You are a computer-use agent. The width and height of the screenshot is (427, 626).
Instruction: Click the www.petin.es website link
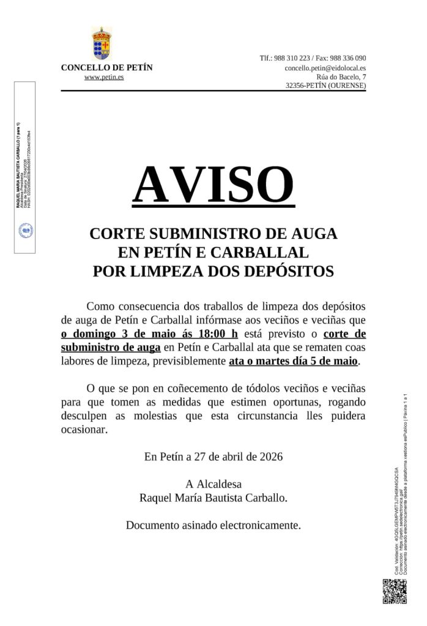[x=104, y=78]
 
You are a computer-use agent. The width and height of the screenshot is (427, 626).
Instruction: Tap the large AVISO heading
[x=213, y=184]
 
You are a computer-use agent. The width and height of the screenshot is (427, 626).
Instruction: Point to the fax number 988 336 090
[x=345, y=58]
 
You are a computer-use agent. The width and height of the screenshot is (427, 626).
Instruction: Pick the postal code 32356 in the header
[x=299, y=86]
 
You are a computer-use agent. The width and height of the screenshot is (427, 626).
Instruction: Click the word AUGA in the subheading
[x=313, y=234]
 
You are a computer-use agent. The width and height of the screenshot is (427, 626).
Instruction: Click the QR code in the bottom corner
[x=394, y=591]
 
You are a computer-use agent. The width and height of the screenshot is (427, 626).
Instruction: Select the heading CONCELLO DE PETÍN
[x=106, y=67]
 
